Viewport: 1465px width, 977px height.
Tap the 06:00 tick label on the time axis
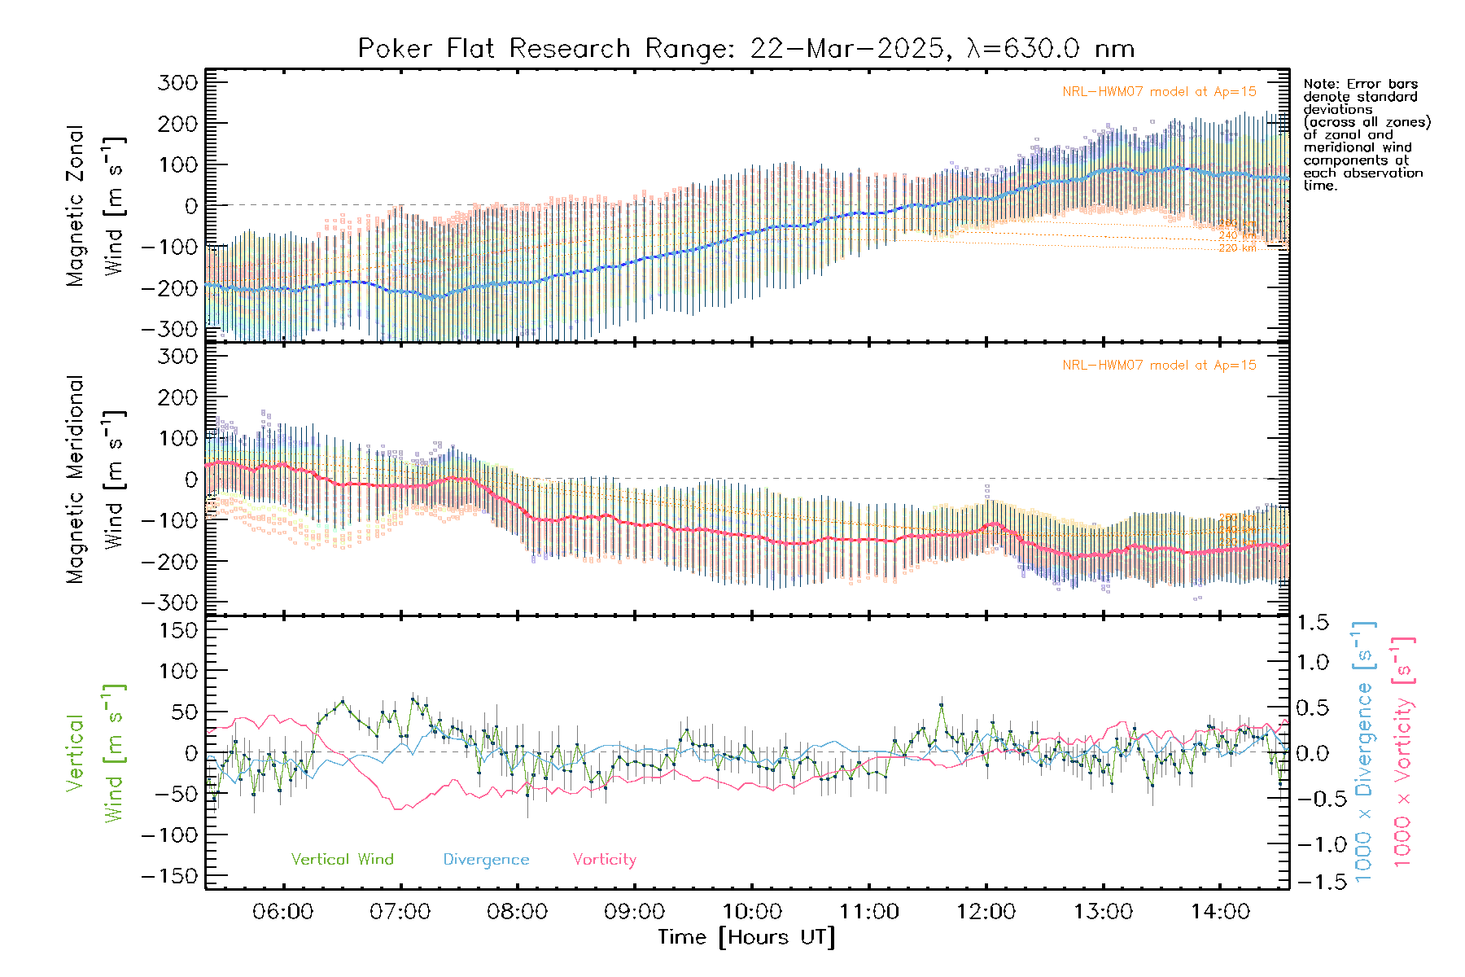point(282,912)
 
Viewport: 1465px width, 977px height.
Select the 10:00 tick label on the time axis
point(751,912)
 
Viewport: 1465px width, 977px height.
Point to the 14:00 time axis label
point(1220,912)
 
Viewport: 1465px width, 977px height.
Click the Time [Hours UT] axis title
point(746,937)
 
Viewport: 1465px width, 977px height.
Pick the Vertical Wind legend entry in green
point(342,860)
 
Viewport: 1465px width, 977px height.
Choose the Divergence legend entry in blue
point(486,860)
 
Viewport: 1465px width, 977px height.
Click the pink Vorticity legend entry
point(604,860)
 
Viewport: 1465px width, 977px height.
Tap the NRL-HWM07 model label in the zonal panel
point(1159,92)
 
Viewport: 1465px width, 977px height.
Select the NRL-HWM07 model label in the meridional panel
point(1159,366)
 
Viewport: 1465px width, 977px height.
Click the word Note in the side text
point(1319,84)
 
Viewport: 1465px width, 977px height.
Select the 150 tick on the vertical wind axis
point(179,630)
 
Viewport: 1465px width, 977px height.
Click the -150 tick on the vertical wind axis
point(169,876)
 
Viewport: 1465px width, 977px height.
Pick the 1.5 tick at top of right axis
point(1313,623)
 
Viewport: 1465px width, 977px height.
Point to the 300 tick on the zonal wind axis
point(179,82)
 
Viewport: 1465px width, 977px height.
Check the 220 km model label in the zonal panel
point(1237,248)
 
